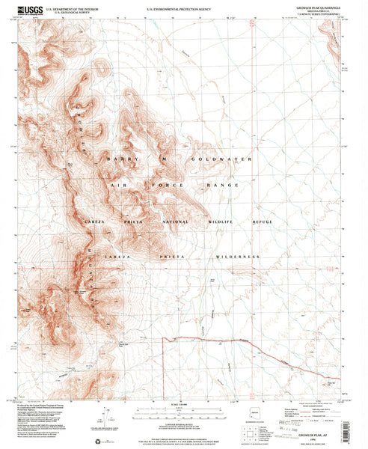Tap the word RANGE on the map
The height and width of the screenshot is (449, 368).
(x=224, y=185)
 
